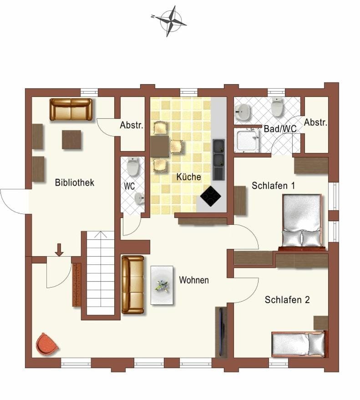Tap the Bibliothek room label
coord(74,182)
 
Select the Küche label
coord(189,177)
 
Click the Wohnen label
coord(194,280)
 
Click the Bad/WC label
coord(280,129)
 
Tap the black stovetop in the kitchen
coord(211,196)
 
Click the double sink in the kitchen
coord(219,152)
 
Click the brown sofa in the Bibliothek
coord(71,109)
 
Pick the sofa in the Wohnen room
coord(132,284)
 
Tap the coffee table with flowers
coord(162,285)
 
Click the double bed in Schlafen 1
coord(302,221)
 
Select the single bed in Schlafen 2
coord(299,344)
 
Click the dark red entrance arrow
coord(59,249)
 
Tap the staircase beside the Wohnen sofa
coord(100,273)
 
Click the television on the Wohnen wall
coord(221,331)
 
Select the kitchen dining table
coord(160,147)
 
